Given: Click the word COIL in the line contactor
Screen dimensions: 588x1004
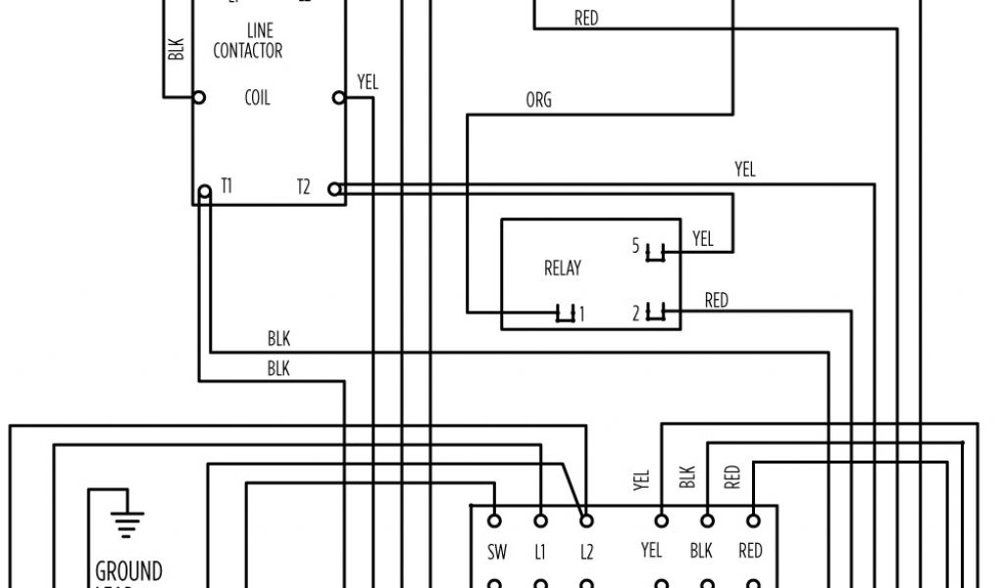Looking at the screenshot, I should point(257,98).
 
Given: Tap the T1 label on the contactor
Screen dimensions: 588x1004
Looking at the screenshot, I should point(226,186).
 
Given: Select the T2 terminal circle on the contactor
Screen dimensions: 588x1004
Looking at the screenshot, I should point(334,188).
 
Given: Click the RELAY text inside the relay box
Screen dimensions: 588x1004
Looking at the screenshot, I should point(563,268).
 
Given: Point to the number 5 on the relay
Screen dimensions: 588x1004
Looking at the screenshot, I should point(635,246).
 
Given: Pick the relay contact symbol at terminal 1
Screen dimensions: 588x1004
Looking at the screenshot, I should point(565,314).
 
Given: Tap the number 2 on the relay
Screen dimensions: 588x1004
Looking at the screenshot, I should point(635,314).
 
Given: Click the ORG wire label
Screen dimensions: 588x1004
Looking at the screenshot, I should point(538,100).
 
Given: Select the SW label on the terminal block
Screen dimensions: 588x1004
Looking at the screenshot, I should point(496,552).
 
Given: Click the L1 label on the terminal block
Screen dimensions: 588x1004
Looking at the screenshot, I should point(540,552).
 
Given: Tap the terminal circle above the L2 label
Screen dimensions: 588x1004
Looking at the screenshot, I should point(586,520).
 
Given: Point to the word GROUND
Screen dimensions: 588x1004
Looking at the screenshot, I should point(128,570).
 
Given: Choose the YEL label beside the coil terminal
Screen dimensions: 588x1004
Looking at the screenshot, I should point(368,82).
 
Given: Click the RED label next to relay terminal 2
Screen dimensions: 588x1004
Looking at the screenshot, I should point(717,300).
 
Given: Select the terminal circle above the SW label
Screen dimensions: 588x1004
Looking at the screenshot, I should point(496,520).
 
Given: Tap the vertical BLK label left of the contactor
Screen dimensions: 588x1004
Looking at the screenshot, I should point(176,49).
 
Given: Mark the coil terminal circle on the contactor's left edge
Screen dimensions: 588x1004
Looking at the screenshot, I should point(199,98).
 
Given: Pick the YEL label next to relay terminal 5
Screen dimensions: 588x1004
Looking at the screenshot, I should point(703,238).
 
